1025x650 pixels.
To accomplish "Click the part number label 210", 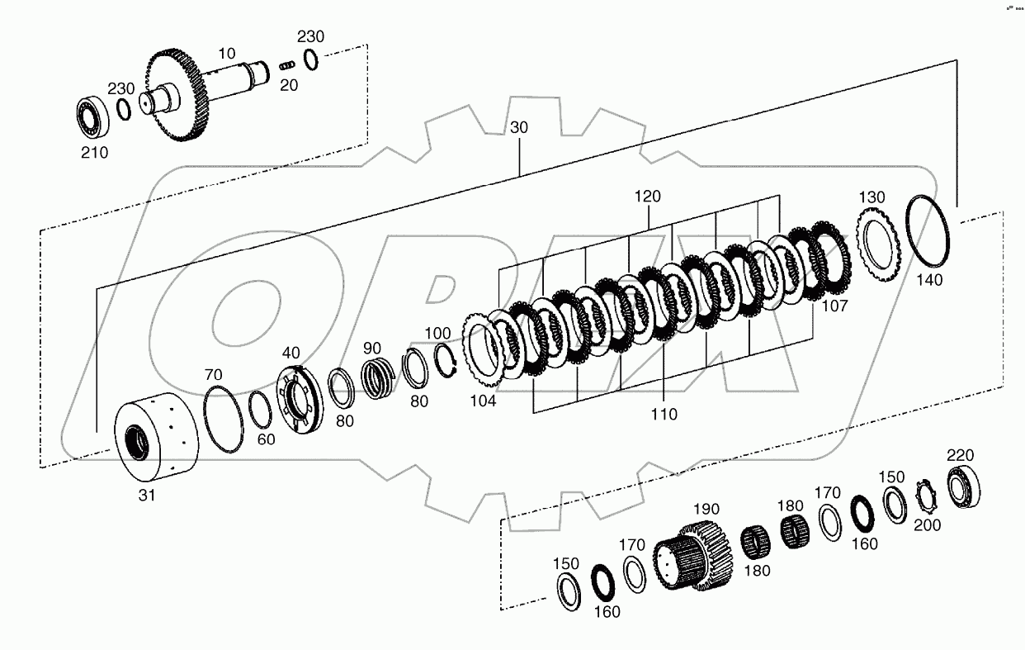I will click(93, 152).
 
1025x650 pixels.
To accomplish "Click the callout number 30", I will click(519, 128).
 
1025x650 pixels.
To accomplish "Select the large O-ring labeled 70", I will click(223, 420).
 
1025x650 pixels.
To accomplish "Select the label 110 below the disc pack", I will click(663, 415).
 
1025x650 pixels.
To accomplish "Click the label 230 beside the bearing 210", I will click(121, 88).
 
